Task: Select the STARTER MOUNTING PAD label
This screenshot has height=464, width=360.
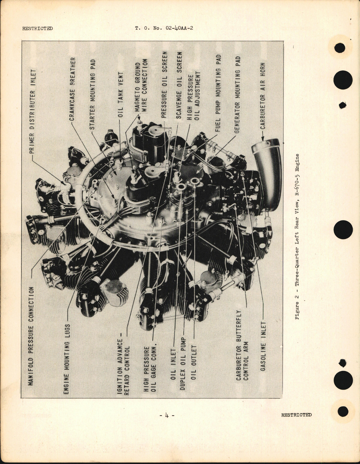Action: (93, 95)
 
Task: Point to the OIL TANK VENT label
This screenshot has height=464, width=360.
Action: (121, 95)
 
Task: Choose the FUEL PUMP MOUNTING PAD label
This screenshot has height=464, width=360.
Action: (219, 93)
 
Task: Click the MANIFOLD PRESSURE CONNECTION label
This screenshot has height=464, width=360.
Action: (31, 336)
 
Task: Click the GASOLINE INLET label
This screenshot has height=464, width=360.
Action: (263, 346)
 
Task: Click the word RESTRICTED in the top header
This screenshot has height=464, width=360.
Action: (37, 28)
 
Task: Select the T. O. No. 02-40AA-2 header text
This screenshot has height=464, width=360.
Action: (166, 28)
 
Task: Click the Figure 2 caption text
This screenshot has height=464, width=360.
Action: (297, 236)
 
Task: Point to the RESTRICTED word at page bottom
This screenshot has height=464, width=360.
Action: (296, 415)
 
